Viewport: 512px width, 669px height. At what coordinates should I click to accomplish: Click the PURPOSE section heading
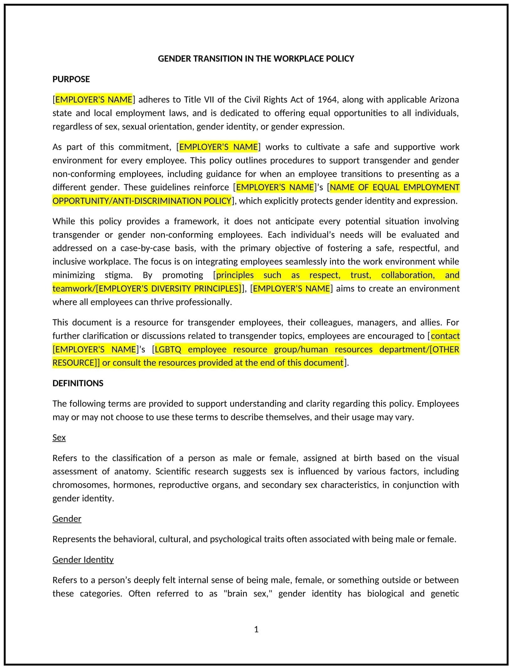71,79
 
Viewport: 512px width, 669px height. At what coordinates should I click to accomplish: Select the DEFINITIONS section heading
78,383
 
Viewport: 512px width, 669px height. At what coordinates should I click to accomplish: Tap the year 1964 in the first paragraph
327,100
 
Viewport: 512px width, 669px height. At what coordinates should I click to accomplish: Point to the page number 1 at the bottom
256,629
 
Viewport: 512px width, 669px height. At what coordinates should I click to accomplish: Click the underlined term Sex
59,438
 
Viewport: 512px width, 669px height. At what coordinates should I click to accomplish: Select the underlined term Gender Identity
83,560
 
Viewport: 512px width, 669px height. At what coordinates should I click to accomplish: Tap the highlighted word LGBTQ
168,349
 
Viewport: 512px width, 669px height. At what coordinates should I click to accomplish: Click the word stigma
119,275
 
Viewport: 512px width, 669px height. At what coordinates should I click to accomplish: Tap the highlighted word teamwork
73,289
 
